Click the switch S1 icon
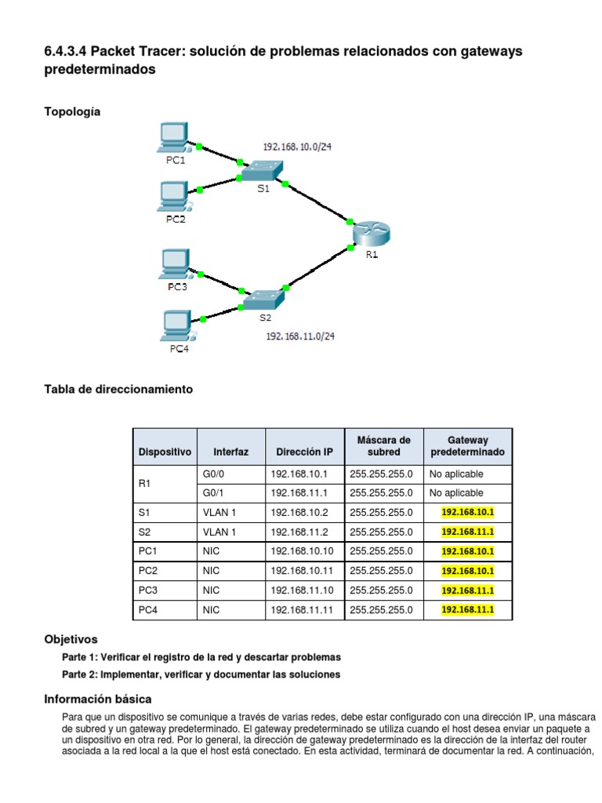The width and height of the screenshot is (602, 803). pos(263,170)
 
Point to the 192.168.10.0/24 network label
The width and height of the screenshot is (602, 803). pos(297,147)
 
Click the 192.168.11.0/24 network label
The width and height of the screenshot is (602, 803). pos(300,336)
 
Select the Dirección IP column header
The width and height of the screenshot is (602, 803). pos(304,452)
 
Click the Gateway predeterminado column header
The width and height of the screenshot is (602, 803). pos(467,446)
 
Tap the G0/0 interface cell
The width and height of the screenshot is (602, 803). pos(214,474)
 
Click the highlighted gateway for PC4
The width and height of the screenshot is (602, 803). pos(468,609)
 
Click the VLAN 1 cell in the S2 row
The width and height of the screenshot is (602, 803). pos(219,532)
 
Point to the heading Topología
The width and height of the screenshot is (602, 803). pos(72,112)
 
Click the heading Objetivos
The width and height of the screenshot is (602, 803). pos(71,640)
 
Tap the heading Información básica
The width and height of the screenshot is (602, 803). pos(98,699)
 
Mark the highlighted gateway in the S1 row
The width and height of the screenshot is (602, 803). pos(468,512)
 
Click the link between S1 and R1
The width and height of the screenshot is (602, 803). pos(317,204)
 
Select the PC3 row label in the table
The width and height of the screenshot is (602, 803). pos(147,590)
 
